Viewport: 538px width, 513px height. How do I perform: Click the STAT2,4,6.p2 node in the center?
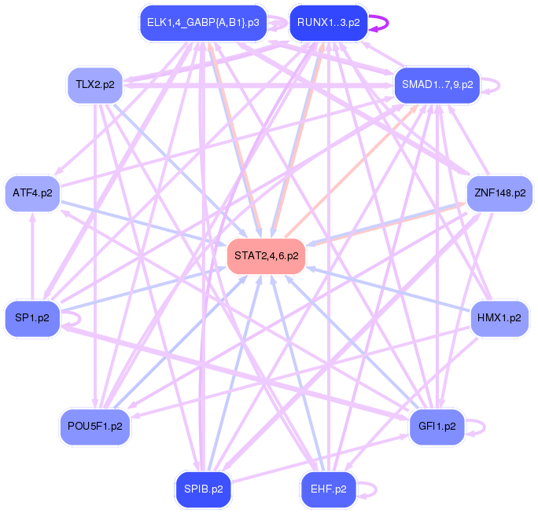[266, 255]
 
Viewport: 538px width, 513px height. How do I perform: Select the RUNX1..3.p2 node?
[328, 23]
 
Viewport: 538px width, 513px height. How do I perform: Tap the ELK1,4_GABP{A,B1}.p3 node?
[203, 23]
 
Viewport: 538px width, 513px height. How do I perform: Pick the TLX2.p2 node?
[95, 83]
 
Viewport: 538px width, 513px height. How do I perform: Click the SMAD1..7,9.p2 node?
[437, 83]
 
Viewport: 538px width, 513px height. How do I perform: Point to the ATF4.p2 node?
[32, 192]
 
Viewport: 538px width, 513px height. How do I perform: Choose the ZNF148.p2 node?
[499, 192]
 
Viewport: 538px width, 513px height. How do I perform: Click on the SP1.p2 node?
[32, 318]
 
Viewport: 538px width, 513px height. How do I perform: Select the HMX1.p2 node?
[499, 318]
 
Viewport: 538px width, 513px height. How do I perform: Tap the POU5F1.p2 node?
[95, 427]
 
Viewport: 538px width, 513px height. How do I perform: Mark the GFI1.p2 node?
[437, 427]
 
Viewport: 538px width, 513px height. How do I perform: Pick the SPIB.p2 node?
[203, 489]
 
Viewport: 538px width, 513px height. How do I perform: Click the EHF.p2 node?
[328, 489]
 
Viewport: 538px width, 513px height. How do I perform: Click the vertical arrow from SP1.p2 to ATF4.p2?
[32, 255]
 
